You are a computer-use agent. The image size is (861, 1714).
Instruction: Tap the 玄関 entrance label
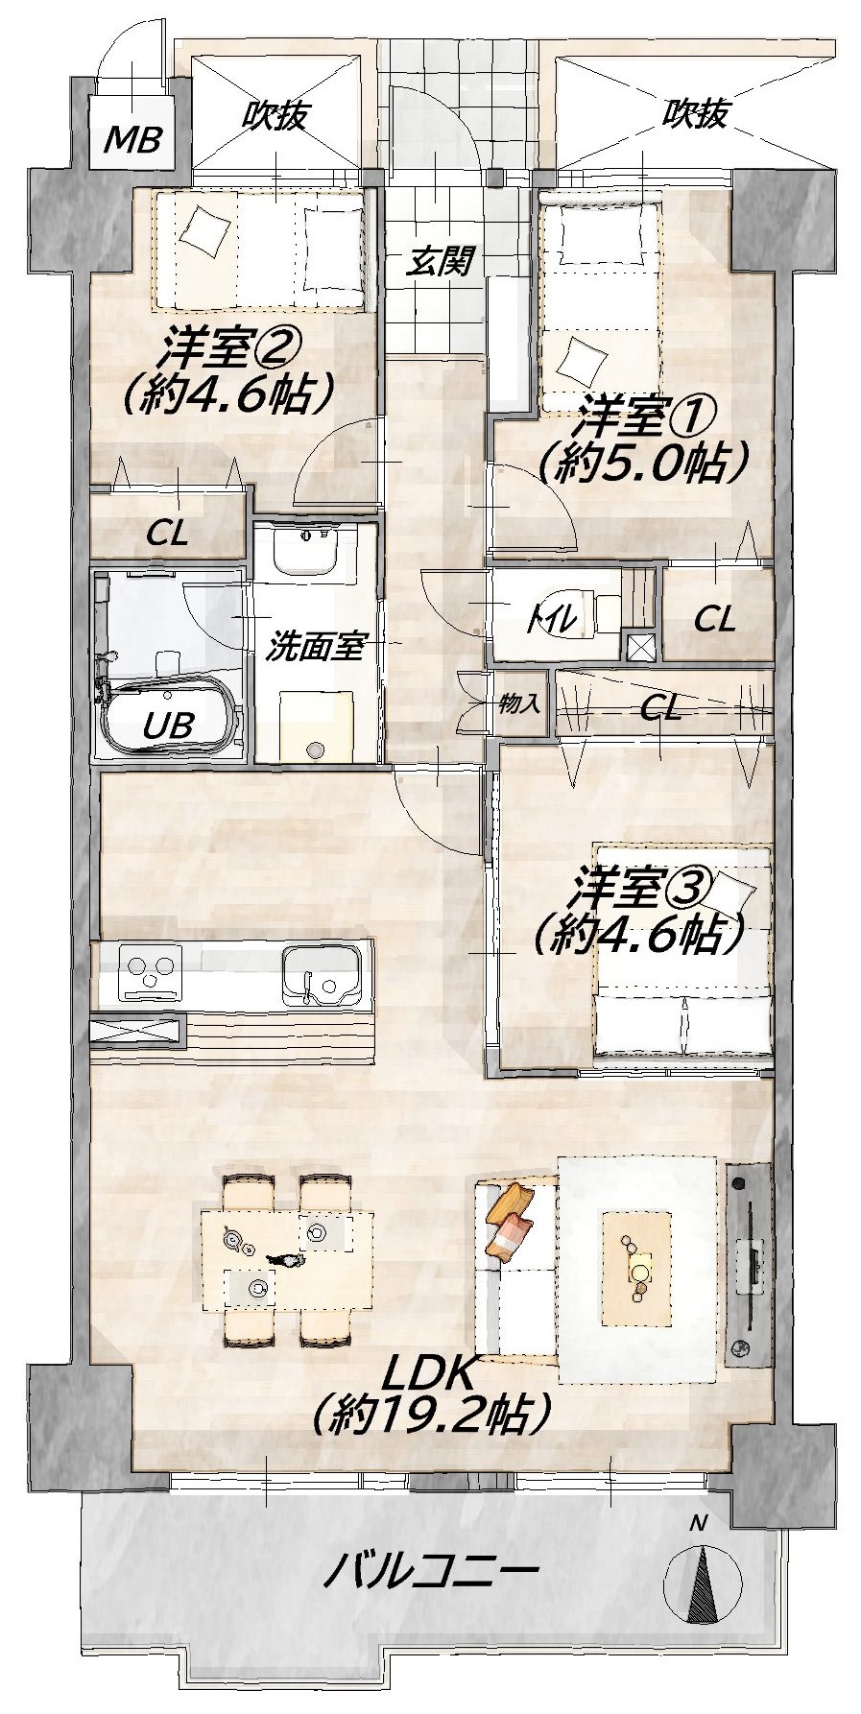coord(441,260)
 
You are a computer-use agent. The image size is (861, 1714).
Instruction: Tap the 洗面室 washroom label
coord(314,647)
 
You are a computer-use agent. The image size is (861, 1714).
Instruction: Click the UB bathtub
coord(169,719)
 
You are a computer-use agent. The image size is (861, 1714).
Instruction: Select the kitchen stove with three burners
coord(150,973)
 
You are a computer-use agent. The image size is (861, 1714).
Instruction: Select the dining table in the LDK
coord(286,1258)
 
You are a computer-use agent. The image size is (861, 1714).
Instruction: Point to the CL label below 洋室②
coord(168,533)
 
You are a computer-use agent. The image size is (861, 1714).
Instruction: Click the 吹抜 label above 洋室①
coord(694,114)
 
